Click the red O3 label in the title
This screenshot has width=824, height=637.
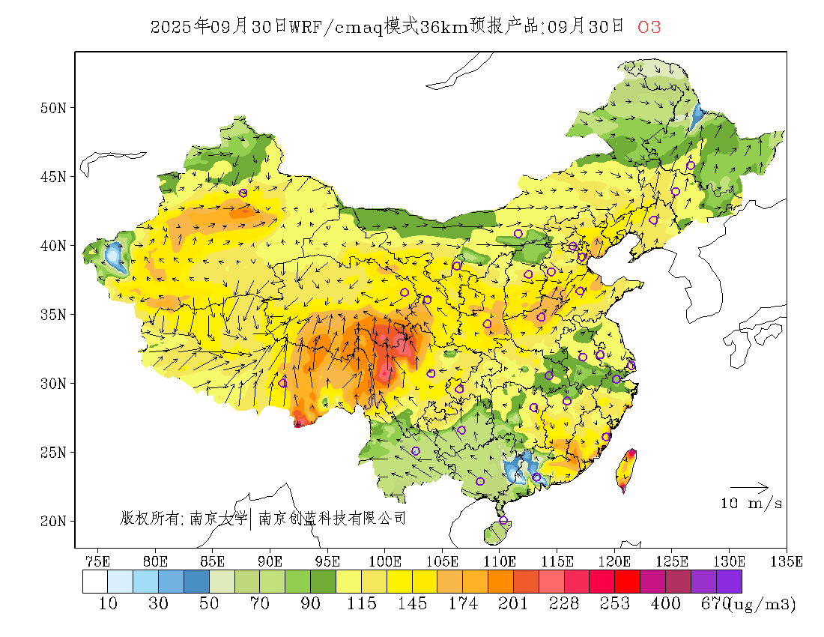(649, 28)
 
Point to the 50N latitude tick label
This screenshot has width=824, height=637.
(52, 108)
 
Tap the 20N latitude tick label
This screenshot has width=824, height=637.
(52, 521)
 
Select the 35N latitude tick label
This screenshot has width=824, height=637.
(52, 314)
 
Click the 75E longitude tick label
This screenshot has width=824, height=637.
(98, 561)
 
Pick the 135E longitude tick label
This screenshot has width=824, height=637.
(787, 561)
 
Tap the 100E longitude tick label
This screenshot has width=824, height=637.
(385, 561)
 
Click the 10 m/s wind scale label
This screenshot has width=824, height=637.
(751, 504)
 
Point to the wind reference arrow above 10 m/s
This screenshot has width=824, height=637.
(749, 487)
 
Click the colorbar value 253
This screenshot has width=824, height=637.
(614, 604)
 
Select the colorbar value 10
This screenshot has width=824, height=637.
(108, 604)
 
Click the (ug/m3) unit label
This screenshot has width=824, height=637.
(763, 604)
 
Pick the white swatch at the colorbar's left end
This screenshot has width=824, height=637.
(95, 582)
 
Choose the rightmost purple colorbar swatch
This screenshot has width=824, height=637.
(729, 582)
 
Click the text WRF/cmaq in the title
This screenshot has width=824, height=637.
(336, 28)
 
